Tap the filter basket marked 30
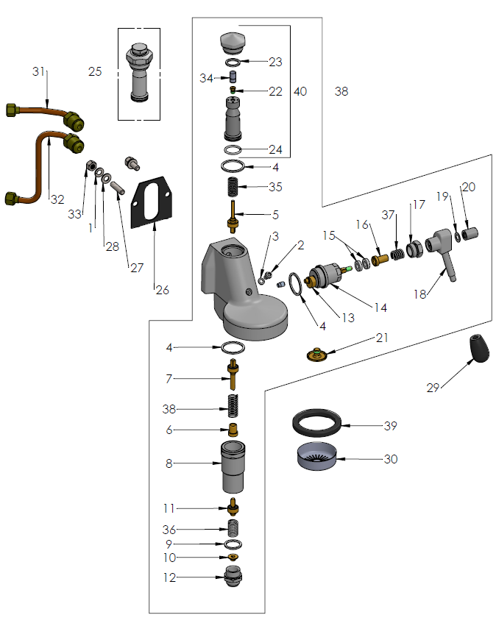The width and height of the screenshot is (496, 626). click(x=318, y=458)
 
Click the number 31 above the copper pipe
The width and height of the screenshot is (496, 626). click(x=39, y=71)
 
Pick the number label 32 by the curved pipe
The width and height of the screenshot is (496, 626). click(x=57, y=199)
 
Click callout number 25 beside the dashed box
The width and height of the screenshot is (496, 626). click(x=95, y=71)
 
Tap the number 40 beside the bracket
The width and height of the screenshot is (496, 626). click(x=300, y=92)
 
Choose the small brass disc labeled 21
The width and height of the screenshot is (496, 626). click(x=317, y=354)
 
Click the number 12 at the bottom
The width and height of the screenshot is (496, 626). click(x=170, y=577)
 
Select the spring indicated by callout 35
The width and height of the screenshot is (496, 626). click(x=233, y=187)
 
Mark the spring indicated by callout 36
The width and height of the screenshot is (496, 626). click(x=233, y=529)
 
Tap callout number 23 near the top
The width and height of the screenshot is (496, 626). click(x=275, y=63)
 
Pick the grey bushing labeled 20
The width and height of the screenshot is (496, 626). click(x=471, y=235)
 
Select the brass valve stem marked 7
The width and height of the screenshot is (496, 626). click(x=233, y=376)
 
